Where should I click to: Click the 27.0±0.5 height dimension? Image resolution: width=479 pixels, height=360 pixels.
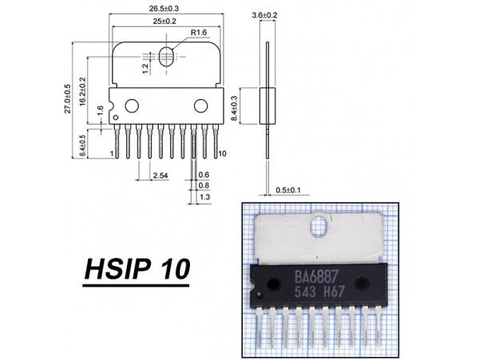coord(68,97)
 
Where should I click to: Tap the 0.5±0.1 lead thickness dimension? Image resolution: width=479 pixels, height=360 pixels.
coord(283,190)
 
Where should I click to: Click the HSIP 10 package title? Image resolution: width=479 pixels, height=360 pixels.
coord(137,270)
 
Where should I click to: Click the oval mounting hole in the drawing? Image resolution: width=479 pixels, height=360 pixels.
coord(167,57)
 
